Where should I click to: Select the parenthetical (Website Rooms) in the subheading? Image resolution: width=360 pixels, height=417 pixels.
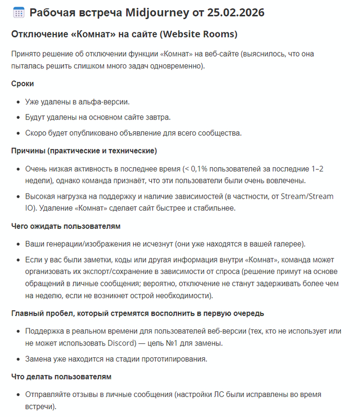pyautogui.click(x=197, y=34)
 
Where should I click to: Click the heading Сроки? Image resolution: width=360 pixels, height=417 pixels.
pyautogui.click(x=23, y=83)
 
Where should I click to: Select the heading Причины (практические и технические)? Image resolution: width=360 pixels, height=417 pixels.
pyautogui.click(x=84, y=151)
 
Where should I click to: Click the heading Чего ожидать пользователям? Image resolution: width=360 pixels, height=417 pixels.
pyautogui.click(x=66, y=226)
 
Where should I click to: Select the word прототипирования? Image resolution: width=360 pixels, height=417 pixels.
pyautogui.click(x=169, y=359)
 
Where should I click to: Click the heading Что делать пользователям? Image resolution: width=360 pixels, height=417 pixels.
pyautogui.click(x=61, y=377)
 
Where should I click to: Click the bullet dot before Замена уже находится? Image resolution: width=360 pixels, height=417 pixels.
pyautogui.click(x=19, y=359)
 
